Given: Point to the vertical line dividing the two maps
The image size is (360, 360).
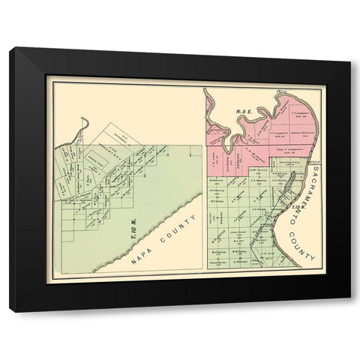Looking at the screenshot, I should click(205, 180).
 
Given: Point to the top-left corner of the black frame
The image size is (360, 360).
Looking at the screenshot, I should click(10, 49).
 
